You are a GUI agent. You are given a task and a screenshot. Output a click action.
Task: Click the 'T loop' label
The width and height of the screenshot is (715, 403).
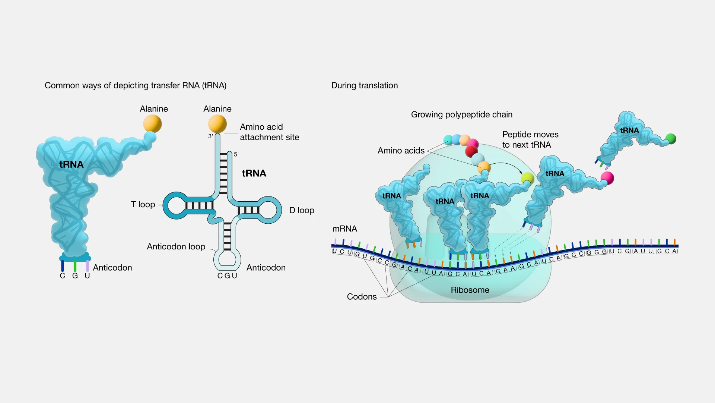pyautogui.click(x=143, y=204)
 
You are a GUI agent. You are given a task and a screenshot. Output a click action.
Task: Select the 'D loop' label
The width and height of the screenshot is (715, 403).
pyautogui.click(x=302, y=210)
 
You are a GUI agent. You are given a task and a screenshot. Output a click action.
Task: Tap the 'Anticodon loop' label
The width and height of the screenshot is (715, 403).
pyautogui.click(x=176, y=246)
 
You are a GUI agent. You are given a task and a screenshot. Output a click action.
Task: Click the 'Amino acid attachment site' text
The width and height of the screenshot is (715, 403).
pyautogui.click(x=269, y=132)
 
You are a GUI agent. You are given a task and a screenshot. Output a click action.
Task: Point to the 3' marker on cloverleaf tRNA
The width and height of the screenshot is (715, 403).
pyautogui.click(x=210, y=136)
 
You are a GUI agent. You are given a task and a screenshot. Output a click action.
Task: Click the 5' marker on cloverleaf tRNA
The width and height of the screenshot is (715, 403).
pyautogui.click(x=236, y=154)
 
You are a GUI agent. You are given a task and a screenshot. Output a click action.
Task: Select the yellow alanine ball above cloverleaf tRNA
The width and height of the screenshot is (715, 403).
pyautogui.click(x=217, y=123)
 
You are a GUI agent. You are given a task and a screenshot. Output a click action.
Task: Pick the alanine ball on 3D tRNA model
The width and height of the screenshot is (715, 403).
pyautogui.click(x=152, y=123)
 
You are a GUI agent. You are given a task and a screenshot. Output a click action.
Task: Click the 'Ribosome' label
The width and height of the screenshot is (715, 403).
pyautogui.click(x=470, y=290)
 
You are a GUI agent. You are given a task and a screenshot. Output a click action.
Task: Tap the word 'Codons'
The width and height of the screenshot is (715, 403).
pyautogui.click(x=362, y=296)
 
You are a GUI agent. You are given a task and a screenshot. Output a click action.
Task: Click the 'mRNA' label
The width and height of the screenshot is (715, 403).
pyautogui.click(x=344, y=229)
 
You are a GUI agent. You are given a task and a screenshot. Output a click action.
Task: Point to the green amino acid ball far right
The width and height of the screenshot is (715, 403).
pyautogui.click(x=671, y=139)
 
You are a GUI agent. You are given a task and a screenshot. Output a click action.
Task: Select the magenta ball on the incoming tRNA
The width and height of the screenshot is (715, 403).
pyautogui.click(x=607, y=178)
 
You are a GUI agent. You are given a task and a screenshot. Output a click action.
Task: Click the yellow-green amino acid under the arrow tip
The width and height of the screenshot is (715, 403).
pyautogui.click(x=527, y=178)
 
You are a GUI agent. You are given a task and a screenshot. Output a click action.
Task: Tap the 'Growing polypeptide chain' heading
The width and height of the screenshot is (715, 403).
pyautogui.click(x=461, y=114)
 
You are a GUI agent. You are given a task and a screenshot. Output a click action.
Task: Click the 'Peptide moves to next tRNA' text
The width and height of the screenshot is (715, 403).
pyautogui.click(x=530, y=139)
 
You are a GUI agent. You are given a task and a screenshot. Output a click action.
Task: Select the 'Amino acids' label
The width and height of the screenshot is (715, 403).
pyautogui.click(x=401, y=151)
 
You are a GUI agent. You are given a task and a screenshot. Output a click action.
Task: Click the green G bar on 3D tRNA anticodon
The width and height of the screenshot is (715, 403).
pyautogui.click(x=75, y=266)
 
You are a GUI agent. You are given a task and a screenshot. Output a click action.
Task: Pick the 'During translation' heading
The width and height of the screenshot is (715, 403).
pyautogui.click(x=364, y=85)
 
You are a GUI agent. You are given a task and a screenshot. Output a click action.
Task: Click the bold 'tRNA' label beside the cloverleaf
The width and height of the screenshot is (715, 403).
pyautogui.click(x=254, y=173)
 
